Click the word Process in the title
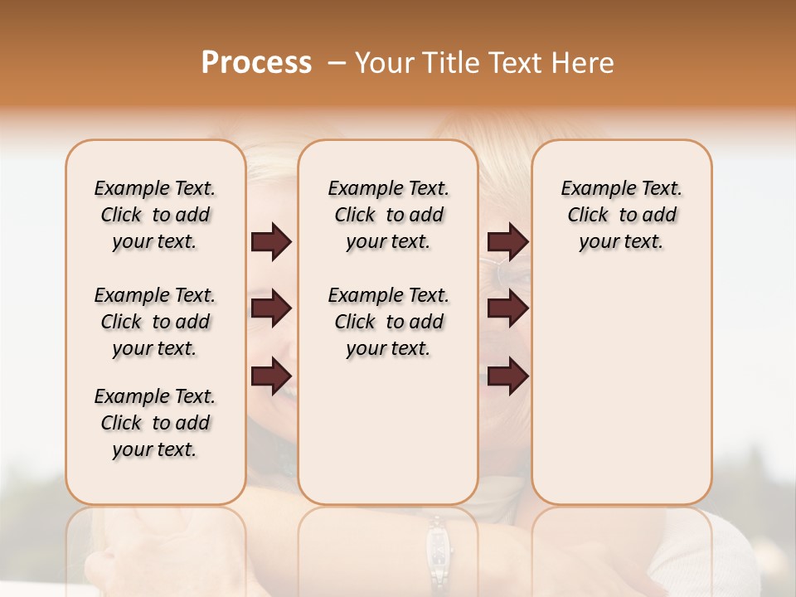coord(256,63)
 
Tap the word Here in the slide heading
coord(583,63)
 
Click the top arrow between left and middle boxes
coord(271,242)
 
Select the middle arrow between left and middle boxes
coord(271,308)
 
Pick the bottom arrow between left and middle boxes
coord(271,376)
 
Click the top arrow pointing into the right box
coord(507,242)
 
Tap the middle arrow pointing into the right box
coord(507,308)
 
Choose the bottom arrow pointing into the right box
coord(507,376)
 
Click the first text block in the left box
coord(155,215)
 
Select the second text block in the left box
coord(155,322)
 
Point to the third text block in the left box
coord(155,423)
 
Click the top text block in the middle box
coord(388,215)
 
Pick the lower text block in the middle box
coord(388,322)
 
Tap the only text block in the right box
coord(622,215)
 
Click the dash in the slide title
coord(337,63)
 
